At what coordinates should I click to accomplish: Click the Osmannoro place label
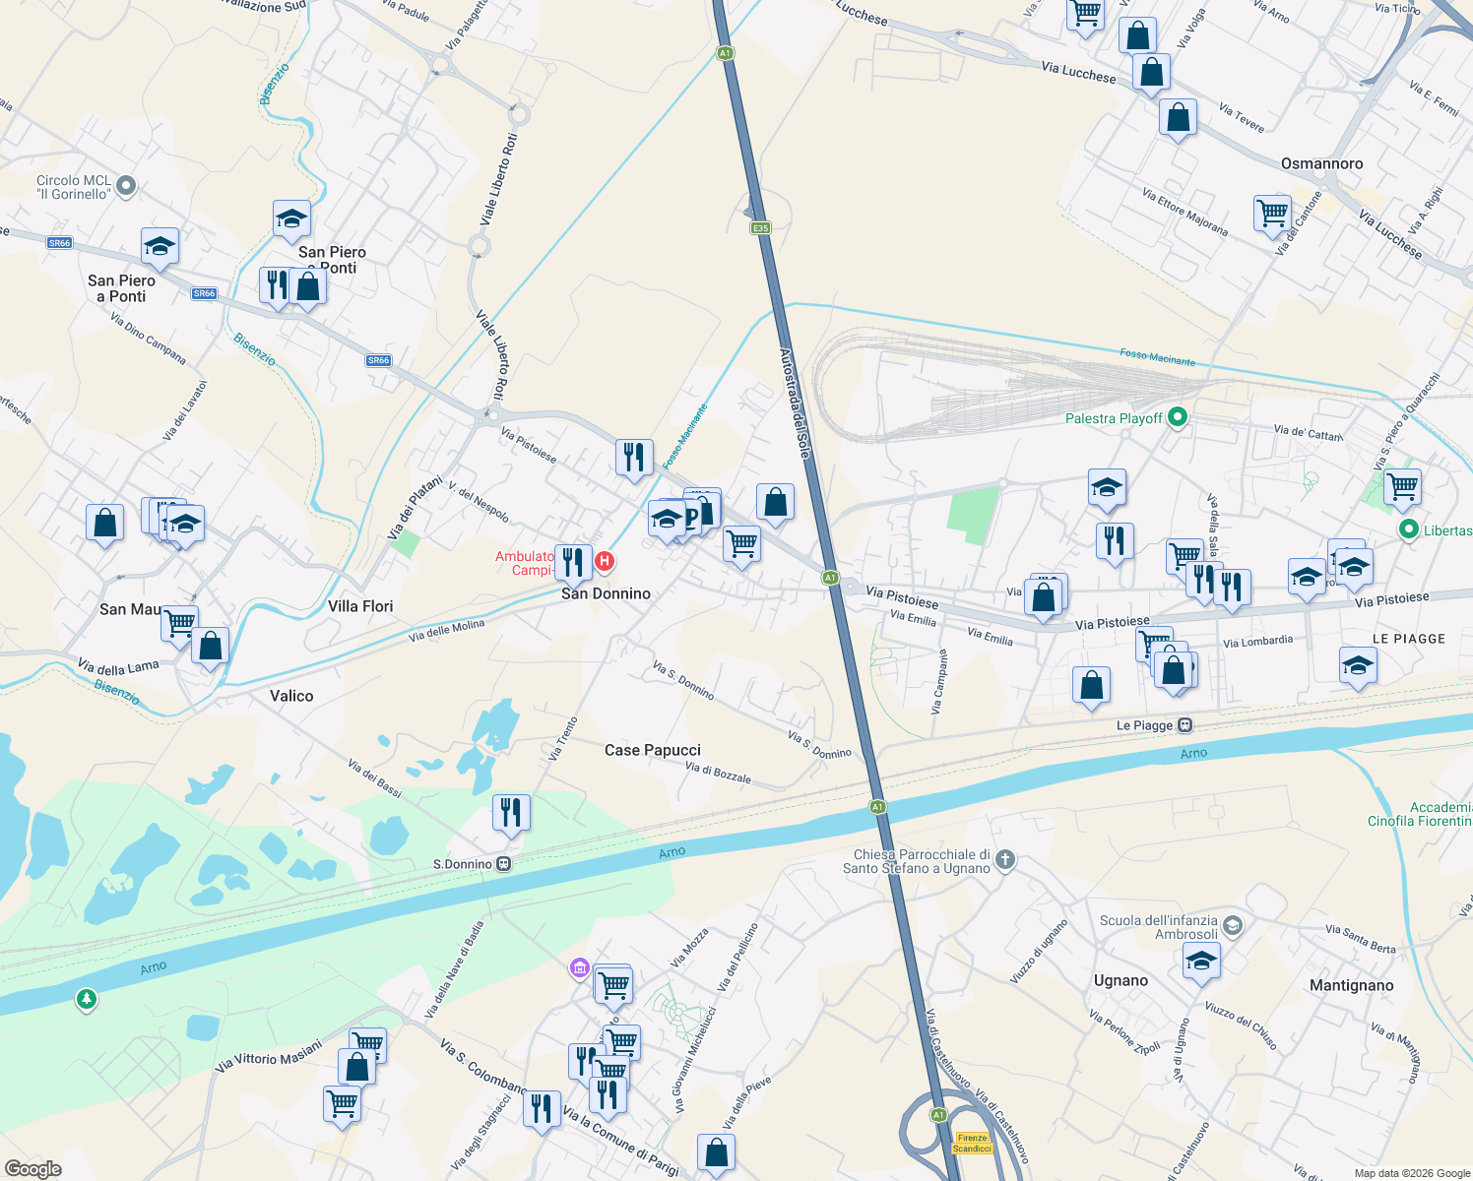[x=1321, y=163]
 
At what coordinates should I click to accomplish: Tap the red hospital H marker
[x=605, y=561]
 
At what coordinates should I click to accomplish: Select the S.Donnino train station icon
[x=503, y=864]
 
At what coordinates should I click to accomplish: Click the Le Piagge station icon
[x=1185, y=725]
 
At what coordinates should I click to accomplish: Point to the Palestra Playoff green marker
[x=1177, y=418]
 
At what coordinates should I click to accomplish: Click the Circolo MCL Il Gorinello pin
[x=126, y=185]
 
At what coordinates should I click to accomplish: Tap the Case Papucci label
[x=652, y=750]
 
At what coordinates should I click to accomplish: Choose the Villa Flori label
[x=360, y=606]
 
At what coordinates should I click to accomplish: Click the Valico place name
[x=291, y=696]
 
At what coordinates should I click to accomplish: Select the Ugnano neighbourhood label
[x=1121, y=980]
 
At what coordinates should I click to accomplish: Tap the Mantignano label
[x=1351, y=985]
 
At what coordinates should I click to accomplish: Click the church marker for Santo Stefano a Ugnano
[x=1004, y=860]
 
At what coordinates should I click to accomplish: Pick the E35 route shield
[x=760, y=228]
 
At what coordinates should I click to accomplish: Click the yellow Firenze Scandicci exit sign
[x=971, y=1143]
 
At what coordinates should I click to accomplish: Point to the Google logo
[x=33, y=1169]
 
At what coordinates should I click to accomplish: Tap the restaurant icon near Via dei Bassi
[x=511, y=813]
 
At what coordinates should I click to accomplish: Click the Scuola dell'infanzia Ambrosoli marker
[x=1233, y=926]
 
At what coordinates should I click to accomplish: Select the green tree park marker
[x=87, y=1000]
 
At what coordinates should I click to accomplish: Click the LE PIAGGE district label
[x=1408, y=639]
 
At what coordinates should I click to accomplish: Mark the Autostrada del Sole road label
[x=796, y=404]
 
